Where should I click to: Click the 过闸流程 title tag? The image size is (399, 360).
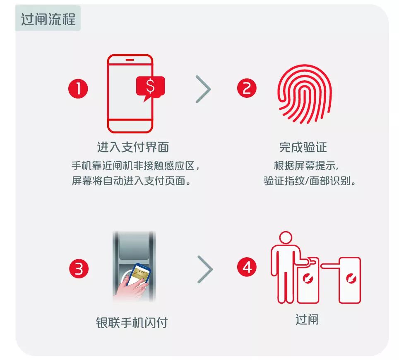48,18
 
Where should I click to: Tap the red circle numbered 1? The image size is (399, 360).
78,89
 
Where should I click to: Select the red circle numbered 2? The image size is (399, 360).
247,88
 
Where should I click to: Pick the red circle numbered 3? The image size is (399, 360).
79,268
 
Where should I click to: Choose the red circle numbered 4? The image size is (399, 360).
247,267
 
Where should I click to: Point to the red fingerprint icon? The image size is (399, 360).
305,94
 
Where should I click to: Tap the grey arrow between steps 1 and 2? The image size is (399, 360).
203,89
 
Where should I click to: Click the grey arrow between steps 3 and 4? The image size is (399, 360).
205,269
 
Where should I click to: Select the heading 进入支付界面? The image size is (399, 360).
133,147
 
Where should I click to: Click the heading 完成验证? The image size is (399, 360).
303,147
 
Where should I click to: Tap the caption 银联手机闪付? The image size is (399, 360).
132,323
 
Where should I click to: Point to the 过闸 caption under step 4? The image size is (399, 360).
307,319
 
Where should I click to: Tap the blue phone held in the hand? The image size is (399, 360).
139,274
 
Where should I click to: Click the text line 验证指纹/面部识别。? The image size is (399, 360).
310,181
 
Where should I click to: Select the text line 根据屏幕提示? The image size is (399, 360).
306,166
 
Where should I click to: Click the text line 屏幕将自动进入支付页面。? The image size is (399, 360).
131,181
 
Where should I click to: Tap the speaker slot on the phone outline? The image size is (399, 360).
130,60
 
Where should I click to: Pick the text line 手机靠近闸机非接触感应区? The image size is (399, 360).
135,166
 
